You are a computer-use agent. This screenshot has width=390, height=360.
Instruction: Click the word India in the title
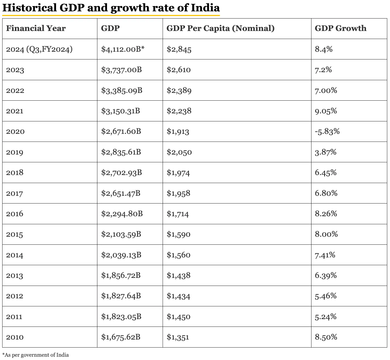[205, 8]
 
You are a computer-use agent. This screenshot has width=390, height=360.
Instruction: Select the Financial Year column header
[36, 28]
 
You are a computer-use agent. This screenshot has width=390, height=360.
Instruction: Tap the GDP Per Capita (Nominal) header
[220, 28]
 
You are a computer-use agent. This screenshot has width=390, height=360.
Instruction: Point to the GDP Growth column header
[340, 28]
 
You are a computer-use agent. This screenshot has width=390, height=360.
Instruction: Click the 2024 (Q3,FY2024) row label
[39, 49]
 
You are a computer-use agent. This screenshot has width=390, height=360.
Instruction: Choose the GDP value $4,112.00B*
[123, 49]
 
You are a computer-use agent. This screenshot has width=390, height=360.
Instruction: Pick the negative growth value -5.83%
[327, 131]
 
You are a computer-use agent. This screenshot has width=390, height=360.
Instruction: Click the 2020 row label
[15, 132]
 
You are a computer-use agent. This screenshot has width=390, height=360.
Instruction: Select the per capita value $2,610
[179, 70]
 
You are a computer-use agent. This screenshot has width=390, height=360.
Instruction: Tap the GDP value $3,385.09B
[122, 90]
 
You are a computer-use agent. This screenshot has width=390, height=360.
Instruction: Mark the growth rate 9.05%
[326, 111]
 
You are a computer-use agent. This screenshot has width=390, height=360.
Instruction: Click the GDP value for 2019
[121, 152]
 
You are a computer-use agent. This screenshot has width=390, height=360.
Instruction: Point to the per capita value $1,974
[178, 173]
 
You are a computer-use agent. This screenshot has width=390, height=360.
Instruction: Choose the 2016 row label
[15, 214]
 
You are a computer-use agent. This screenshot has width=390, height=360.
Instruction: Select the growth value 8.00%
[326, 234]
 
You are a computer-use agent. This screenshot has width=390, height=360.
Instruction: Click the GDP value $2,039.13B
[121, 255]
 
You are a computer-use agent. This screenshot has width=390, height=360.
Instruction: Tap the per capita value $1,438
[178, 276]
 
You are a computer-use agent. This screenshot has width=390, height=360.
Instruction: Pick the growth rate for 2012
[326, 296]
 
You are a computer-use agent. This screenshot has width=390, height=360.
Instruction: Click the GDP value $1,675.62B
[121, 337]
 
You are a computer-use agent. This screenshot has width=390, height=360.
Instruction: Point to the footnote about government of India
[36, 355]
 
